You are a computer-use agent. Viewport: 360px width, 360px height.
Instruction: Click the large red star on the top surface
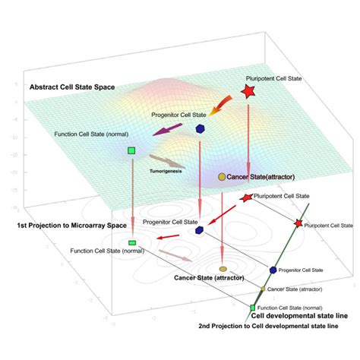(248, 92)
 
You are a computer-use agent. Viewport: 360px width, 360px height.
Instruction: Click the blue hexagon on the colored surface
(201, 129)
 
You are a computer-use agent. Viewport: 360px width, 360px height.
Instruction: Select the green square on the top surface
(131, 151)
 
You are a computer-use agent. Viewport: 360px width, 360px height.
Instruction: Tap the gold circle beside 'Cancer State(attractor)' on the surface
(222, 176)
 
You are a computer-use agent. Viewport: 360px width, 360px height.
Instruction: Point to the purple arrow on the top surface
(169, 131)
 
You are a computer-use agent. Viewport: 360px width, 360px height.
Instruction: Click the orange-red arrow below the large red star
(223, 106)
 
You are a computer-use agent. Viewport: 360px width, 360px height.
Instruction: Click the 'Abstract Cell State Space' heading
(72, 87)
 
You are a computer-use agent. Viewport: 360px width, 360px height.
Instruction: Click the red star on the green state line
(298, 223)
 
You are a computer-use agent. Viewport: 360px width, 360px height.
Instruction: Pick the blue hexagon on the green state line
(273, 270)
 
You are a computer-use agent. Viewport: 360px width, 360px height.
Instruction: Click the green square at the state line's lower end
(254, 308)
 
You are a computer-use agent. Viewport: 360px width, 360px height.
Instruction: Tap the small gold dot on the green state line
(262, 289)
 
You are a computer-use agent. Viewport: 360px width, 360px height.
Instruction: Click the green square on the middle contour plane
(131, 242)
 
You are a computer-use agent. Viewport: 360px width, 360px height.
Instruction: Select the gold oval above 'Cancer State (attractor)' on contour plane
(223, 269)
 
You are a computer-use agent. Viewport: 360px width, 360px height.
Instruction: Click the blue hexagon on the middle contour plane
(199, 229)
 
